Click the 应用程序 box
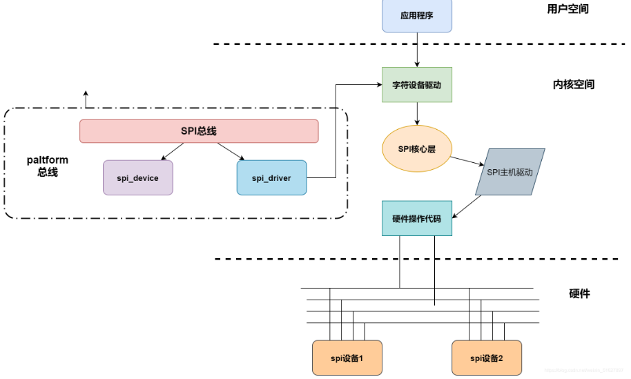click(x=417, y=15)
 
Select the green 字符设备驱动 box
click(x=417, y=85)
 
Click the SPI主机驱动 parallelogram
click(x=510, y=172)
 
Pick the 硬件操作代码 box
click(x=417, y=218)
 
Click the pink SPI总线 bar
click(x=199, y=131)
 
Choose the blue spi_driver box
click(x=271, y=177)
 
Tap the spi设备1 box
click(x=347, y=358)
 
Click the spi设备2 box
click(x=487, y=358)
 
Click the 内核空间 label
click(x=573, y=85)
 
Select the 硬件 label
click(x=579, y=293)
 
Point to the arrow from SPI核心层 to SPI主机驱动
click(x=466, y=160)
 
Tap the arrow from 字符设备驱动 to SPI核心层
click(x=417, y=114)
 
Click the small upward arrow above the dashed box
click(x=86, y=99)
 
